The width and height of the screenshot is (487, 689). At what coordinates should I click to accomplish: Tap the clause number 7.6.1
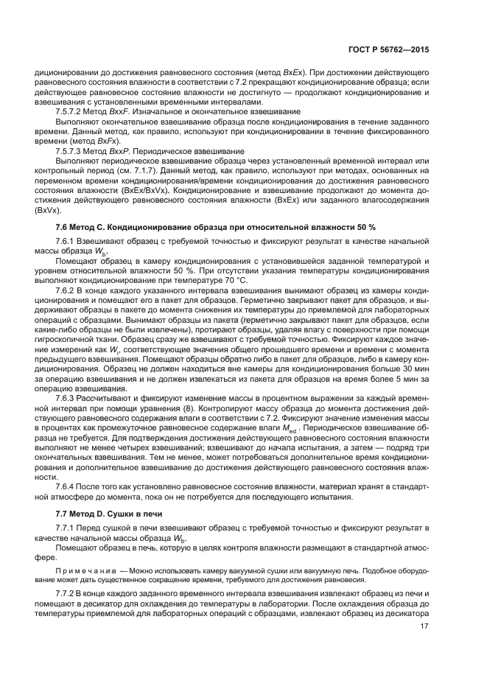(66, 242)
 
